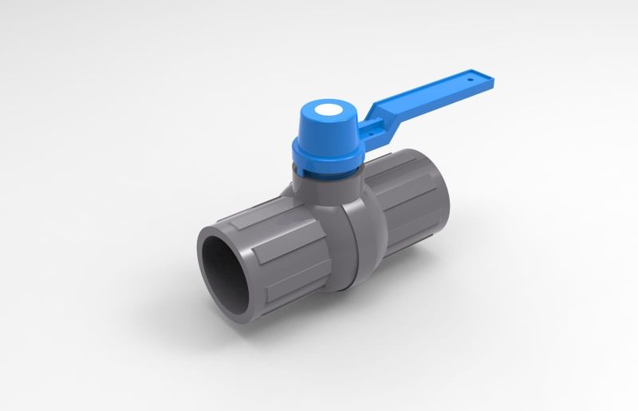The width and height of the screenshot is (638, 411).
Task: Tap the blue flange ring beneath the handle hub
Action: (x=327, y=158)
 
